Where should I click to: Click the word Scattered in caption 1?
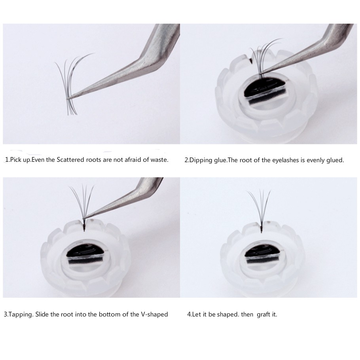tap(70, 159)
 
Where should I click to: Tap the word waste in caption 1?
tap(159, 159)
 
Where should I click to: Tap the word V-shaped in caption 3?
tap(154, 315)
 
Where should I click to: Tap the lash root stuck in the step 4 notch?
tap(261, 228)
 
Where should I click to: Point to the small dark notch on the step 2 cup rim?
tap(250, 61)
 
